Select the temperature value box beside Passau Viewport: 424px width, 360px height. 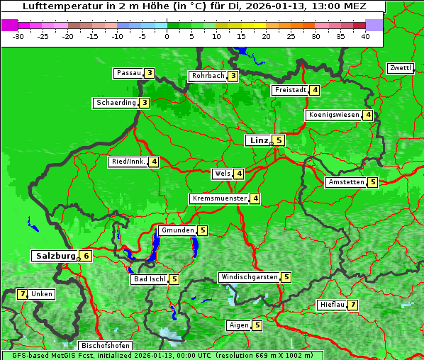[x=149, y=73]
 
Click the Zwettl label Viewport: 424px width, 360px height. [x=400, y=68]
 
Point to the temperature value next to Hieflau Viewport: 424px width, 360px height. [x=352, y=305]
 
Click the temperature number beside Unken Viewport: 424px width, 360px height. [x=22, y=294]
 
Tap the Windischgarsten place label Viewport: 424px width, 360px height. [x=248, y=277]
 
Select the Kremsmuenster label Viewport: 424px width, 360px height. [x=219, y=199]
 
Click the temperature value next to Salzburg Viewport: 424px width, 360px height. [x=85, y=257]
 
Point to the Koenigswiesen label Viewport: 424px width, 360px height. [x=333, y=115]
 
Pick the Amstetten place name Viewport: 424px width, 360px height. [x=346, y=182]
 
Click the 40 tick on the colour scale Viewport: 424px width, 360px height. [x=365, y=36]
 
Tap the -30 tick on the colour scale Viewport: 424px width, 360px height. [x=18, y=36]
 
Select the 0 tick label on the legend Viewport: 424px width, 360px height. [x=167, y=36]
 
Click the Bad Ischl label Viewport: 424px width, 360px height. [x=149, y=279]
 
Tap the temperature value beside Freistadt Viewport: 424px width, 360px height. [x=315, y=90]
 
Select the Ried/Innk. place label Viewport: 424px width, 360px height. [x=128, y=162]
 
